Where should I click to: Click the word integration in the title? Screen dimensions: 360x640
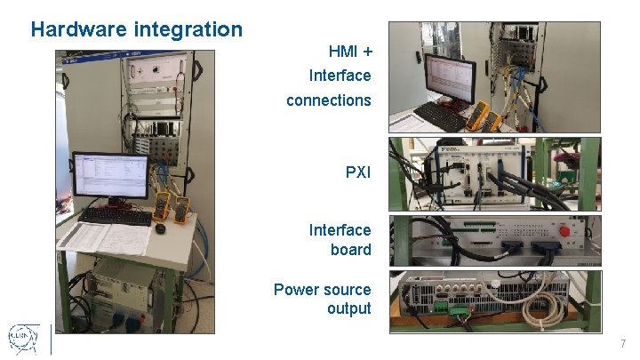[188, 29]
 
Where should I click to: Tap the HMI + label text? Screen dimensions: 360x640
[349, 52]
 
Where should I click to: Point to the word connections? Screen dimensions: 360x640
[328, 100]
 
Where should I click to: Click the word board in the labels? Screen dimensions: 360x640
[350, 250]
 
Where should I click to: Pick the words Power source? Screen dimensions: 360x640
[322, 289]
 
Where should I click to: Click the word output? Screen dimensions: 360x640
[348, 308]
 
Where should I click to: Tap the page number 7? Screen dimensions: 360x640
[623, 344]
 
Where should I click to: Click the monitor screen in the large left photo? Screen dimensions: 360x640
[109, 175]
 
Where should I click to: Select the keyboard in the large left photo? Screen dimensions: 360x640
[115, 216]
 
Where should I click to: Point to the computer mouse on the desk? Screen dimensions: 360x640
[160, 228]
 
